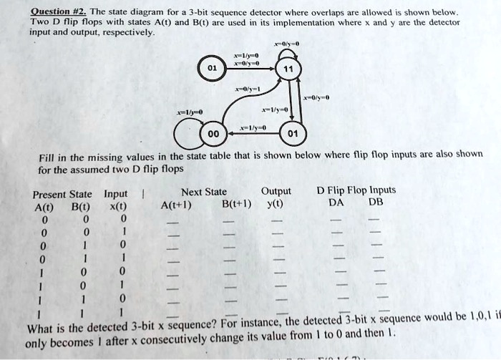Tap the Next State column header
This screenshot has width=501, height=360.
coord(204,192)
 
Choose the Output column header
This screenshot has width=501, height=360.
coord(276,191)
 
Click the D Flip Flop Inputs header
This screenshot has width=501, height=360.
coord(356,190)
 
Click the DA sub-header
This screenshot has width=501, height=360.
coord(336,203)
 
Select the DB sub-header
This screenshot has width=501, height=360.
coord(376,203)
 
